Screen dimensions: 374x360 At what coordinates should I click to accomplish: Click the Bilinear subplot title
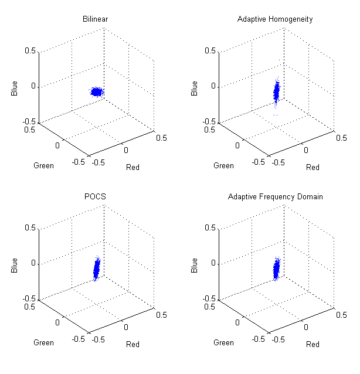coord(95,19)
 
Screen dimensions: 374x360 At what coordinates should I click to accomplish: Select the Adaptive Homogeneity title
coord(275,19)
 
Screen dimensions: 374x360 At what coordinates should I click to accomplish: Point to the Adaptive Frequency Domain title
coord(275,196)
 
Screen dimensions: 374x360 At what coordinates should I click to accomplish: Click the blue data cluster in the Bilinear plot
coord(96,91)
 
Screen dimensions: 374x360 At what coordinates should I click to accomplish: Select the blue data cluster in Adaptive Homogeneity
coord(277,92)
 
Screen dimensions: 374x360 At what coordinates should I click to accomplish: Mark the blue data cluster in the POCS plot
coord(96,270)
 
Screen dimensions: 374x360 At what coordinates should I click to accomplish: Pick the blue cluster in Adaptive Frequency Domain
coord(277,269)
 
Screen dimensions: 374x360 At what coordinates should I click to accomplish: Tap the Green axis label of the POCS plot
coord(43,342)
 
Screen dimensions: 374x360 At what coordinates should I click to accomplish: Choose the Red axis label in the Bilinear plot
coord(133,167)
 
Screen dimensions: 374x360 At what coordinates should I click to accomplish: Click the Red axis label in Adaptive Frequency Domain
coord(313,344)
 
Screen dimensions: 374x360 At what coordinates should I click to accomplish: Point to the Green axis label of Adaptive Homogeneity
coord(223,165)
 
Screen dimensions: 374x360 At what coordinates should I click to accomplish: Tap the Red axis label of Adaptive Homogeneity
coord(313,167)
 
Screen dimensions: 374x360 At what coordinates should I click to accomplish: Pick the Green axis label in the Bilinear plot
coord(43,165)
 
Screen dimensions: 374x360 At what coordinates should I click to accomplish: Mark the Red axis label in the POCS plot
coord(133,344)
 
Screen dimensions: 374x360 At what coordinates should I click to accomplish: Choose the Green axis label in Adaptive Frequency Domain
coord(223,342)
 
